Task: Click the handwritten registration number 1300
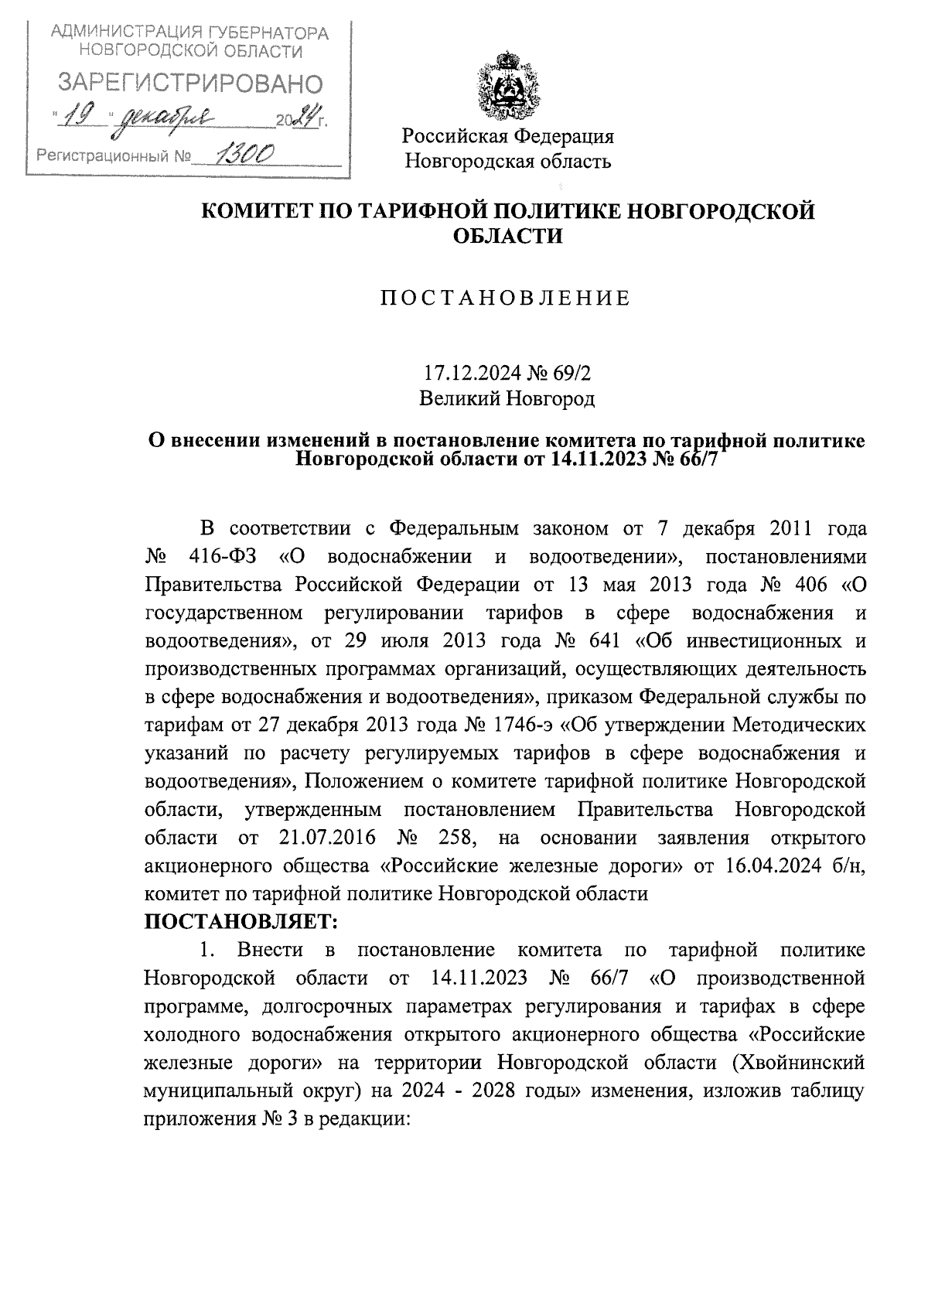click(x=240, y=156)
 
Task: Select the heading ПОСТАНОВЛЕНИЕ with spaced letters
click(x=506, y=298)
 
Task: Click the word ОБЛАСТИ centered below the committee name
click(x=507, y=236)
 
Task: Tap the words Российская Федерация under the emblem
click(x=507, y=137)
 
